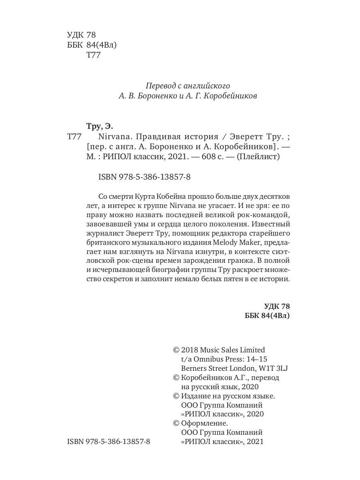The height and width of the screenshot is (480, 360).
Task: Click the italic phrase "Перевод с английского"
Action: click(x=188, y=86)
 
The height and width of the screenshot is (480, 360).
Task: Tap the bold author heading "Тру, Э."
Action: click(x=100, y=127)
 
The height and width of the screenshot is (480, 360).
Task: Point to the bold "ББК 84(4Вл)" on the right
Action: click(x=267, y=316)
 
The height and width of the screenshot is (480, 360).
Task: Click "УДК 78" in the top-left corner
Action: click(x=82, y=35)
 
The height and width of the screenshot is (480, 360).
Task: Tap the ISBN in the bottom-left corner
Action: click(x=109, y=442)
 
